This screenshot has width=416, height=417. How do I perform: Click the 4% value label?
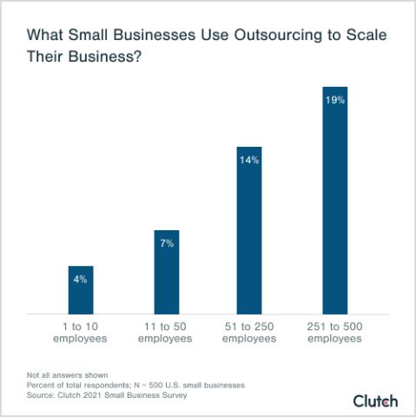(x=81, y=279)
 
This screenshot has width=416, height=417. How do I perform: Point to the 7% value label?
(x=166, y=244)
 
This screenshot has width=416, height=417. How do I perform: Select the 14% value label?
(x=250, y=160)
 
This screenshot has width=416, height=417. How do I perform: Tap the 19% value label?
(x=335, y=100)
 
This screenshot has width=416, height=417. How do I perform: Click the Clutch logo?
(x=375, y=400)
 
